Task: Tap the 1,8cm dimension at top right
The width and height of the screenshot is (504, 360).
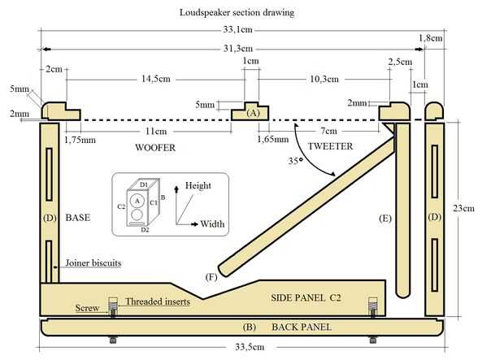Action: [431, 38]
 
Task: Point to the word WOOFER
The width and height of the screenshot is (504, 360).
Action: [155, 148]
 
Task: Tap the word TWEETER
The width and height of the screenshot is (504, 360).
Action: [331, 146]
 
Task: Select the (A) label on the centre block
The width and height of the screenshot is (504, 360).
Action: [254, 114]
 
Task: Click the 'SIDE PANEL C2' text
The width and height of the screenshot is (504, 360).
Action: [306, 299]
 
